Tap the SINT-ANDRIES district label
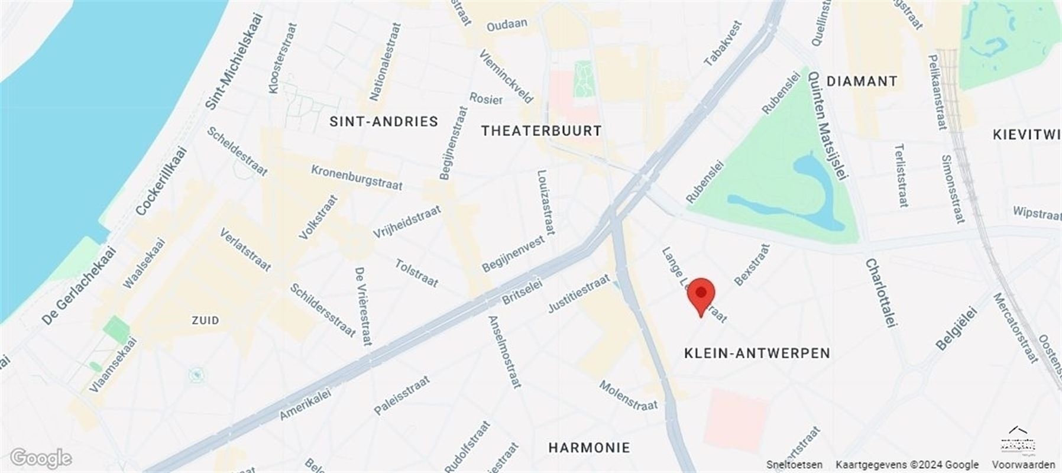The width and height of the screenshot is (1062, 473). (384, 122)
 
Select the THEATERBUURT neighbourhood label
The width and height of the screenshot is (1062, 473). (541, 131)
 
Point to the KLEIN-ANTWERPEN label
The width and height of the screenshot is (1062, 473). (757, 353)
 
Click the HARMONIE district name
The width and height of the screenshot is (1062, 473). (589, 448)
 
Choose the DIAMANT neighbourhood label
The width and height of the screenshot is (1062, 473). (862, 81)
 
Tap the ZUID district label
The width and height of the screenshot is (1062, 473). (205, 320)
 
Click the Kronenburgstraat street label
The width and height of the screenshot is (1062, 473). (357, 177)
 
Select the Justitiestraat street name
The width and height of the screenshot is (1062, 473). (578, 293)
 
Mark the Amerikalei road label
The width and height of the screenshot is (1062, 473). (305, 405)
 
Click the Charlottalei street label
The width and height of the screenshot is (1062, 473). (881, 293)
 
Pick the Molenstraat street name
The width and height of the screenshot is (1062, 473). (628, 395)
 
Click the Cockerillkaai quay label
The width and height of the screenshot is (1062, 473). (161, 181)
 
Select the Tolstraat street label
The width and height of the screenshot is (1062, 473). (416, 273)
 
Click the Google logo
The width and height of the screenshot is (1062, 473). (40, 458)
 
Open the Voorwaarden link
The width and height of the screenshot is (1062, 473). (1023, 465)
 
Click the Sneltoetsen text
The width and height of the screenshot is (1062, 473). (794, 465)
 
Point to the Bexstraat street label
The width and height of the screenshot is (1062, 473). (752, 264)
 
